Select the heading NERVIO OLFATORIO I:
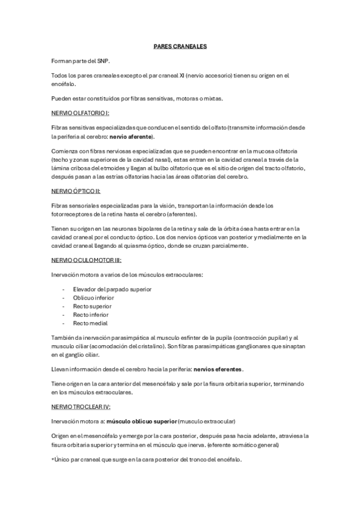[x=80, y=112]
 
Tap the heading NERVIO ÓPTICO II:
[x=76, y=191]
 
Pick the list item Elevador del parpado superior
[x=112, y=289]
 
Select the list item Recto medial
[x=90, y=322]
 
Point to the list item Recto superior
[x=92, y=306]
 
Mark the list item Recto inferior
[x=91, y=314]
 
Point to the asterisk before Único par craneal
[x=53, y=459]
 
